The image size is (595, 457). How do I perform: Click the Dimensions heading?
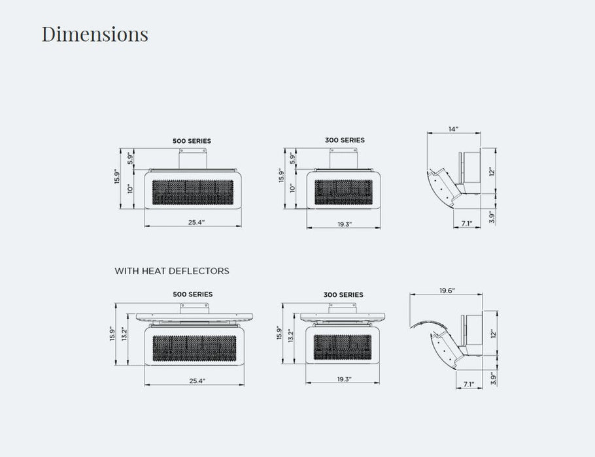(95, 34)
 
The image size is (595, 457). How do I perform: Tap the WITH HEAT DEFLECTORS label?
(172, 271)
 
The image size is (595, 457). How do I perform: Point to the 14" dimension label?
(454, 129)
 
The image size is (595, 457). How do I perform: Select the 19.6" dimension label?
(447, 291)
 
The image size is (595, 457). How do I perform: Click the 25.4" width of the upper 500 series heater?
(196, 222)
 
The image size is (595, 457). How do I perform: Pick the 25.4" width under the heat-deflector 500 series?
(197, 381)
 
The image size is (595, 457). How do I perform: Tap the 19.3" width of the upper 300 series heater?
(345, 224)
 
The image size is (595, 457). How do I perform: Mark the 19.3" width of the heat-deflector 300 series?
(344, 379)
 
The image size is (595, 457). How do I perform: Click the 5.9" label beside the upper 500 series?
(131, 157)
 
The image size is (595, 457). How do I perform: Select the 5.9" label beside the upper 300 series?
(292, 157)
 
